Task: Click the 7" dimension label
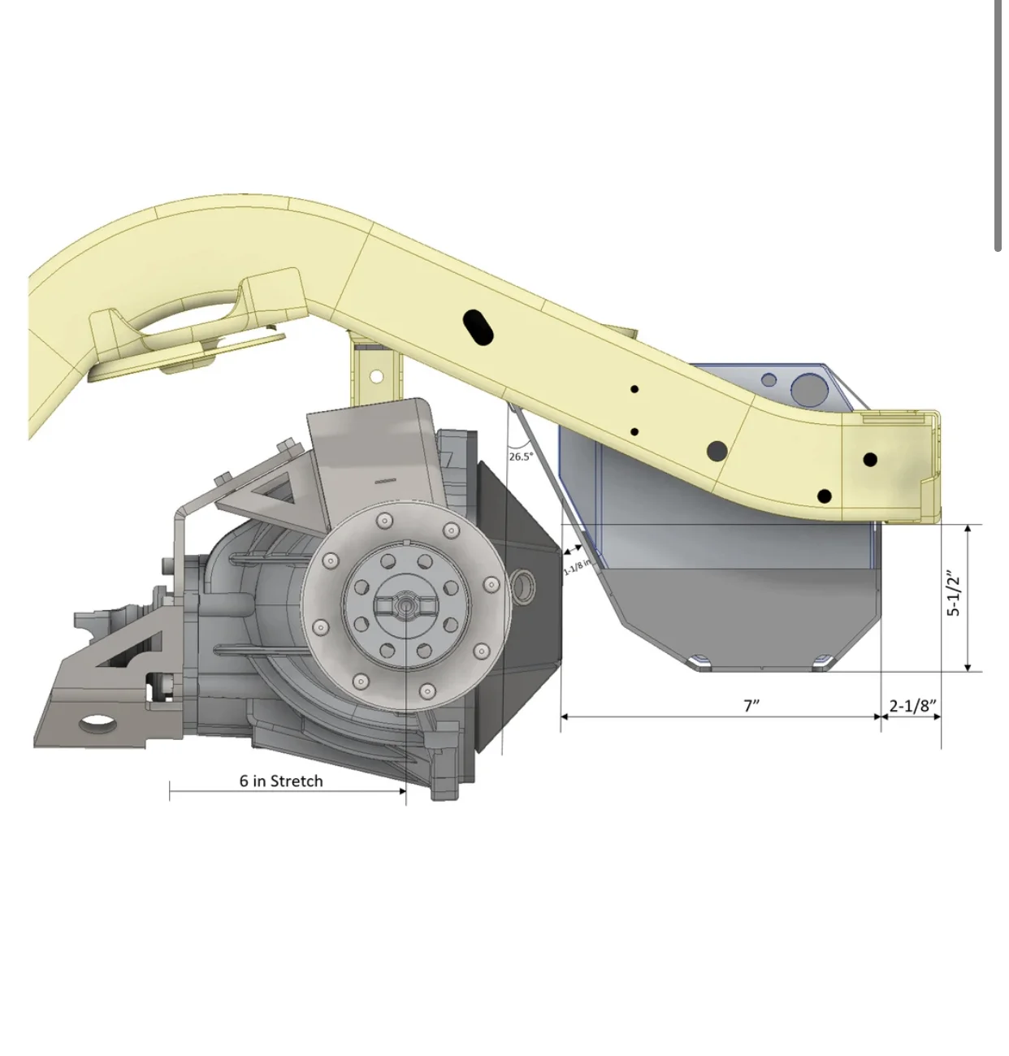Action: [x=751, y=705]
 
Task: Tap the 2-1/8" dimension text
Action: [x=912, y=705]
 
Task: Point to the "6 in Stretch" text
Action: [x=281, y=781]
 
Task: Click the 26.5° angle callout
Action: [x=521, y=457]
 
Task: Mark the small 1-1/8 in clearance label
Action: [x=577, y=566]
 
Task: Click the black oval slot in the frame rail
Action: [x=479, y=326]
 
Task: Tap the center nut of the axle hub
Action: [x=405, y=604]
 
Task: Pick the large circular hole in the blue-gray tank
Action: [x=808, y=391]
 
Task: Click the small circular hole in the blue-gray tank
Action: [x=769, y=380]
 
